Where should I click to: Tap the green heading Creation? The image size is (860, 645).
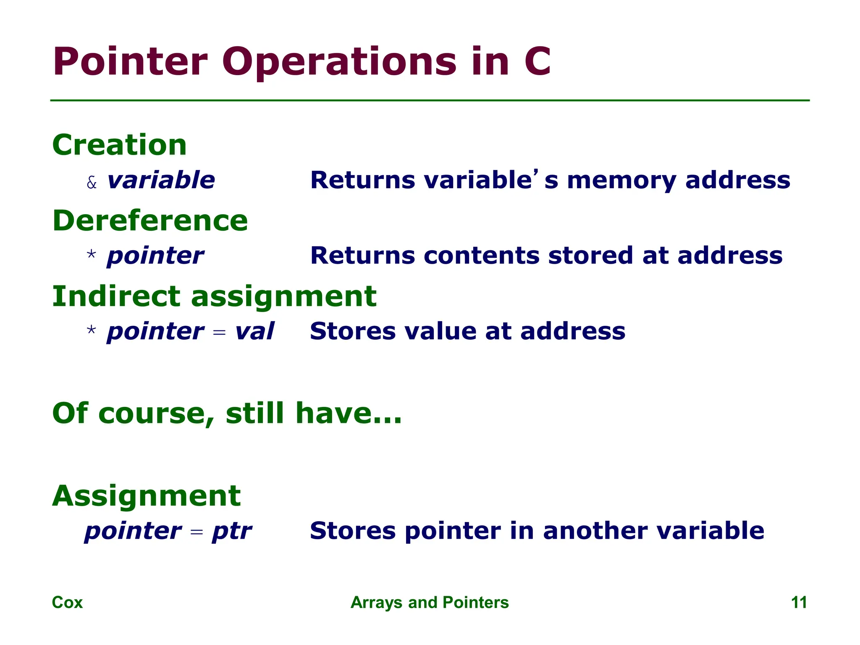click(120, 145)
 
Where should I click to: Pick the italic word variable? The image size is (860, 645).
click(161, 180)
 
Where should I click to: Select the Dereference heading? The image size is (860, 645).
click(150, 220)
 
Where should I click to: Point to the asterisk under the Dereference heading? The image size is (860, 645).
click(91, 255)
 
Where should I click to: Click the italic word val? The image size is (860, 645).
click(254, 331)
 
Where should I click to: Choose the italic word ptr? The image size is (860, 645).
click(232, 532)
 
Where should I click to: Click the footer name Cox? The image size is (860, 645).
click(67, 603)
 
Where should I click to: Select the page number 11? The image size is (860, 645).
click(799, 603)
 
